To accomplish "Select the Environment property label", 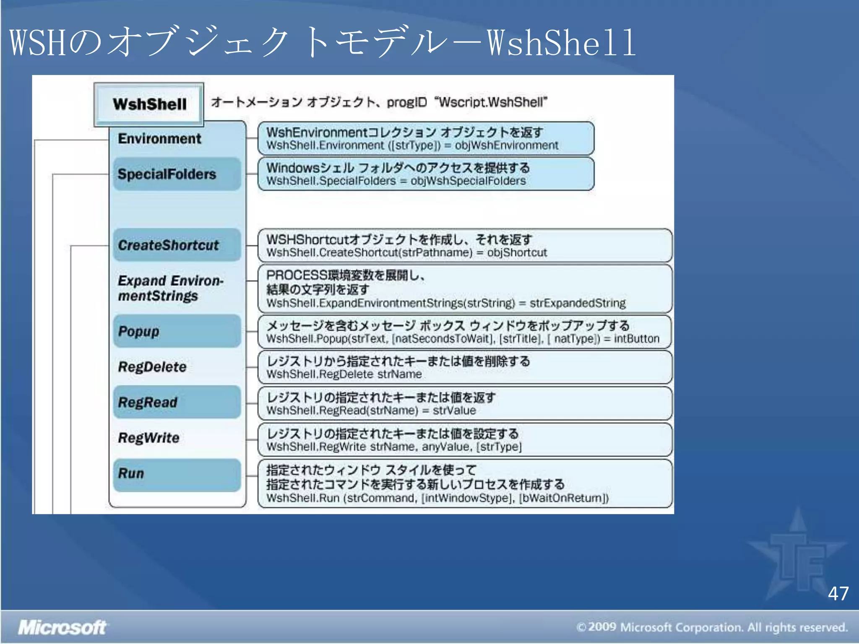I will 159,139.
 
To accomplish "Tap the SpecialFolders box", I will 177,174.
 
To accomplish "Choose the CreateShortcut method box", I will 177,245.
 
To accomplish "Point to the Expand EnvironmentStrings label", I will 170,288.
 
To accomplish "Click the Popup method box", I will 177,331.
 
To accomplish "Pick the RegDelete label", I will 152,367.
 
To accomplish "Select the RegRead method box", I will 177,402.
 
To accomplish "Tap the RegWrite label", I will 149,438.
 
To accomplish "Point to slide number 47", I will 838,594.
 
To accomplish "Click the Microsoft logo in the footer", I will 62,628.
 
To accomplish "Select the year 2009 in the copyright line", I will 602,627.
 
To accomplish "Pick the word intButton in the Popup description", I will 636,339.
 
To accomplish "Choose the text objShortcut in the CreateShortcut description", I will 517,253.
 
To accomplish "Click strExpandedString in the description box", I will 577,303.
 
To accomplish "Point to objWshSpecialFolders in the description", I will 468,181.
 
